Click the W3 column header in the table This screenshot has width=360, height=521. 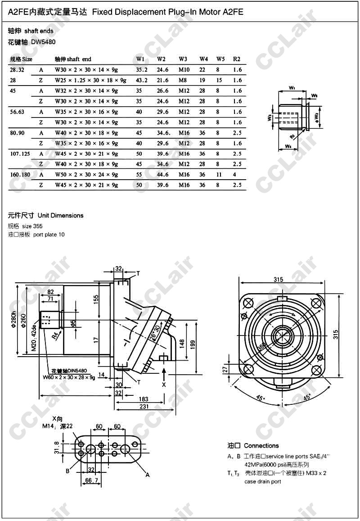click(x=183, y=59)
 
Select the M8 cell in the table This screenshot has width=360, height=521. click(x=184, y=80)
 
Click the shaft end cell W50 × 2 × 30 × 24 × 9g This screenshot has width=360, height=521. click(x=86, y=174)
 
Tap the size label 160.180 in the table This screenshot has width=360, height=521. click(x=20, y=174)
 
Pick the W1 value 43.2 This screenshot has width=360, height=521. click(x=142, y=80)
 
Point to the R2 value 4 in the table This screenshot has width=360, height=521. click(x=235, y=174)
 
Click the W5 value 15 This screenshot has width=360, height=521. click(x=219, y=80)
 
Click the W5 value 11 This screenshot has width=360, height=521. click(x=219, y=174)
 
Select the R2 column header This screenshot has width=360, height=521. click(x=237, y=59)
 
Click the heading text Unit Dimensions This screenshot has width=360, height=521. click(x=61, y=215)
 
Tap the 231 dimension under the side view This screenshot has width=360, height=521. click(x=144, y=406)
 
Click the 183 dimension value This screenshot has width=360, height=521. click(x=144, y=399)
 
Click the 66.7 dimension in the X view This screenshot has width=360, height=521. click(x=91, y=481)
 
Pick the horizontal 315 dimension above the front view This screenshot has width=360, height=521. click(x=278, y=280)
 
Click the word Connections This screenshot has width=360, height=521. click(x=261, y=446)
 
